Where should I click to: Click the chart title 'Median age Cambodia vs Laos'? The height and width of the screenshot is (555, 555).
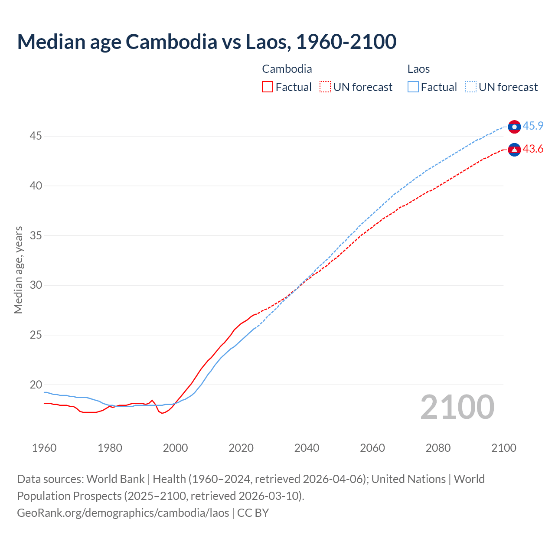[206, 42]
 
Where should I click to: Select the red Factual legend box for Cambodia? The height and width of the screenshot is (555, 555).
[268, 87]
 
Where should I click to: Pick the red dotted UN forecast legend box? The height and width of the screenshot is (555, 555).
[325, 87]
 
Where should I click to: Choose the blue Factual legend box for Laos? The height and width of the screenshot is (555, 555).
[413, 87]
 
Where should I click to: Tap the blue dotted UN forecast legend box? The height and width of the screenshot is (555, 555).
[470, 87]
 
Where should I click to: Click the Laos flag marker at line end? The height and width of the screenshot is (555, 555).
[514, 127]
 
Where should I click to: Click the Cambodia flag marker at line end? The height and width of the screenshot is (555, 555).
[514, 150]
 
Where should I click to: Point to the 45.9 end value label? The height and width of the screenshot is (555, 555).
[533, 126]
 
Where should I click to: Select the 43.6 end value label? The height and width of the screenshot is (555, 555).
[533, 149]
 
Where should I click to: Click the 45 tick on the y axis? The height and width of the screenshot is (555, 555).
[36, 136]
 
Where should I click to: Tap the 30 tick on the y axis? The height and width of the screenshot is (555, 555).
[36, 285]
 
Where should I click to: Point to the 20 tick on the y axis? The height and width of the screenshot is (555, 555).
[36, 385]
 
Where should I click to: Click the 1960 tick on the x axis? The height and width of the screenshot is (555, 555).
[44, 448]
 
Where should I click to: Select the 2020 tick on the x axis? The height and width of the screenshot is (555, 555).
[241, 448]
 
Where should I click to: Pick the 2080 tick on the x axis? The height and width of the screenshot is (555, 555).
[438, 448]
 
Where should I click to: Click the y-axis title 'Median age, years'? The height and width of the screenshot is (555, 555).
[18, 270]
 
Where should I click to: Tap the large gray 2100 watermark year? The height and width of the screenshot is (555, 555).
[457, 407]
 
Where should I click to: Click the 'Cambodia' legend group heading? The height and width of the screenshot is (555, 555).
[287, 69]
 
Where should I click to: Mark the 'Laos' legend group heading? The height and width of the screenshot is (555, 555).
[418, 69]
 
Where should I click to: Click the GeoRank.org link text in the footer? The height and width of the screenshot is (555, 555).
[123, 513]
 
